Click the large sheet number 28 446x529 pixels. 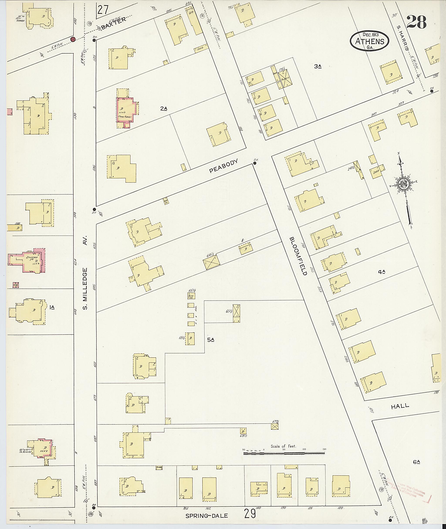tap(417, 22)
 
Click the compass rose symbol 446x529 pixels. tap(404, 184)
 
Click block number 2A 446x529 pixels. tap(164, 109)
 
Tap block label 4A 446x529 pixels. tap(382, 272)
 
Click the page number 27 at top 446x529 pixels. tap(103, 10)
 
